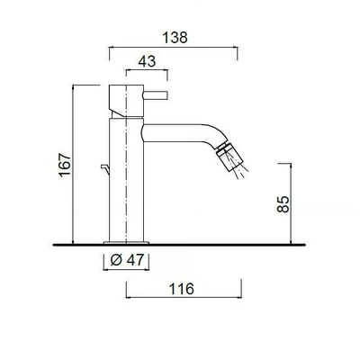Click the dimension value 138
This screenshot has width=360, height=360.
click(175, 38)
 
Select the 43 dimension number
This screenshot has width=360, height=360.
click(147, 61)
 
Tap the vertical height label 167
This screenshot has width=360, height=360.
click(65, 165)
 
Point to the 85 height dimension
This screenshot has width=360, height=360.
click(283, 204)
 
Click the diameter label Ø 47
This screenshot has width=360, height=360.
click(127, 260)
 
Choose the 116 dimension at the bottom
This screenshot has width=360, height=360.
click(182, 289)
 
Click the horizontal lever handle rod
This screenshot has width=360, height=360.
click(155, 95)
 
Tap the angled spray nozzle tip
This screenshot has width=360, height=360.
click(229, 157)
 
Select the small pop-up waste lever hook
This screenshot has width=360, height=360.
click(105, 169)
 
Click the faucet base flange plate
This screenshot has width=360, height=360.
click(126, 243)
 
